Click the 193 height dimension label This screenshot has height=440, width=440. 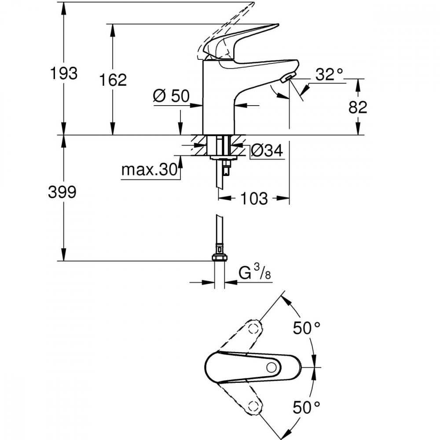[x=63, y=73]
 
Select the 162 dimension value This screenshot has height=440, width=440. [x=113, y=80]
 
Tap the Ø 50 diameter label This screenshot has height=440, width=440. [x=171, y=96]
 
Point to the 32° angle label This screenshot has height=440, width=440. [x=329, y=74]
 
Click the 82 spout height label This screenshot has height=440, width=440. [x=358, y=107]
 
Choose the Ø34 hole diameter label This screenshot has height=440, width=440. [x=267, y=151]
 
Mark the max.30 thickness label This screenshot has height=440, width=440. [x=149, y=169]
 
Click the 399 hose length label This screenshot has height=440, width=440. [x=62, y=193]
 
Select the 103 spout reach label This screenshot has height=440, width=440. [x=254, y=198]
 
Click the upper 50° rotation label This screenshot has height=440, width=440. [x=306, y=328]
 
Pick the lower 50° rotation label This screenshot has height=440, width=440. [x=306, y=407]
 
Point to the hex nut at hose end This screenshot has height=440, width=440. [x=220, y=257]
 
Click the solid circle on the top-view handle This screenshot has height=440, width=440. [x=271, y=367]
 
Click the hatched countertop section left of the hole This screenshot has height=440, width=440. [x=199, y=145]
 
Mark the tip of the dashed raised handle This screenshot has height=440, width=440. [x=253, y=4]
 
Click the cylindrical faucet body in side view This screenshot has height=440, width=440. [x=219, y=97]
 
